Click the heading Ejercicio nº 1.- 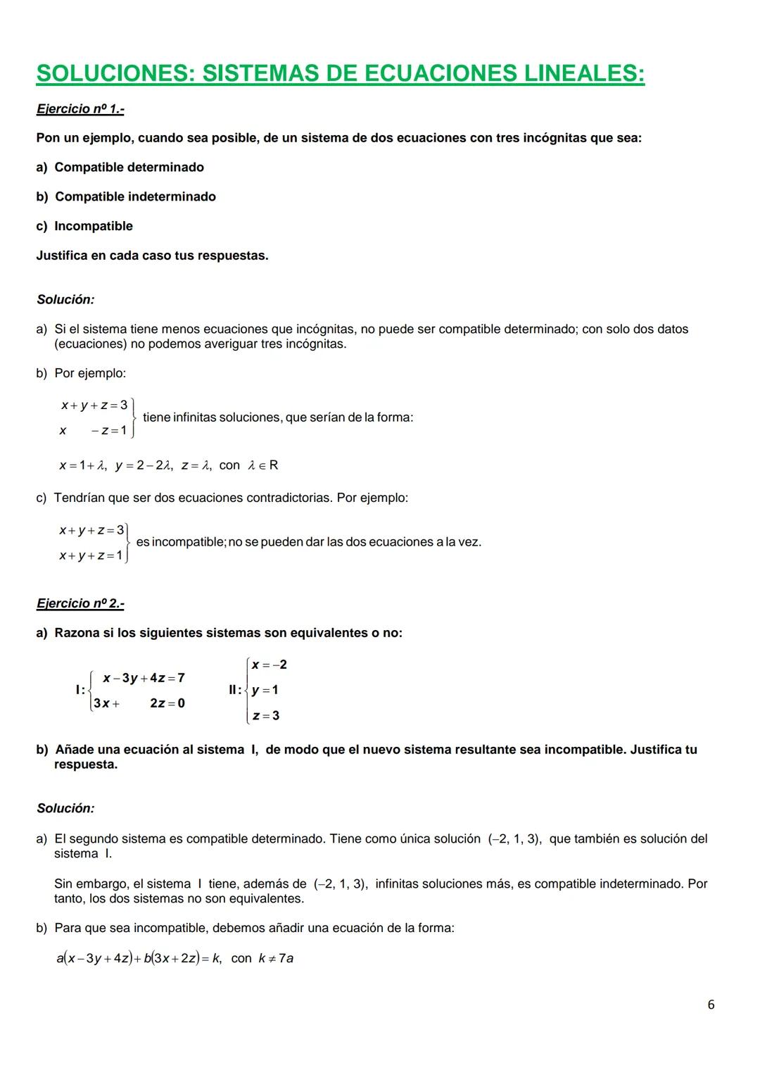pyautogui.click(x=80, y=109)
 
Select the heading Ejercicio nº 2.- pyautogui.click(x=80, y=604)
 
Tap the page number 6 pyautogui.click(x=711, y=1005)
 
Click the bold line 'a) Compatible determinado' pyautogui.click(x=120, y=168)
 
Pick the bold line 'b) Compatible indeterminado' pyautogui.click(x=126, y=197)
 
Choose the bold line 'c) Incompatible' pyautogui.click(x=84, y=227)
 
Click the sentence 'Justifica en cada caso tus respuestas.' pyautogui.click(x=152, y=256)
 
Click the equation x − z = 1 pyautogui.click(x=94, y=431)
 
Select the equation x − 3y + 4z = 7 pyautogui.click(x=144, y=678)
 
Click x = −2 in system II pyautogui.click(x=270, y=665)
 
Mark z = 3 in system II pyautogui.click(x=266, y=716)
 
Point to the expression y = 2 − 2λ pyautogui.click(x=144, y=465)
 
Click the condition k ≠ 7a pyautogui.click(x=276, y=959)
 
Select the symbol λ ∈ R pyautogui.click(x=263, y=465)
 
